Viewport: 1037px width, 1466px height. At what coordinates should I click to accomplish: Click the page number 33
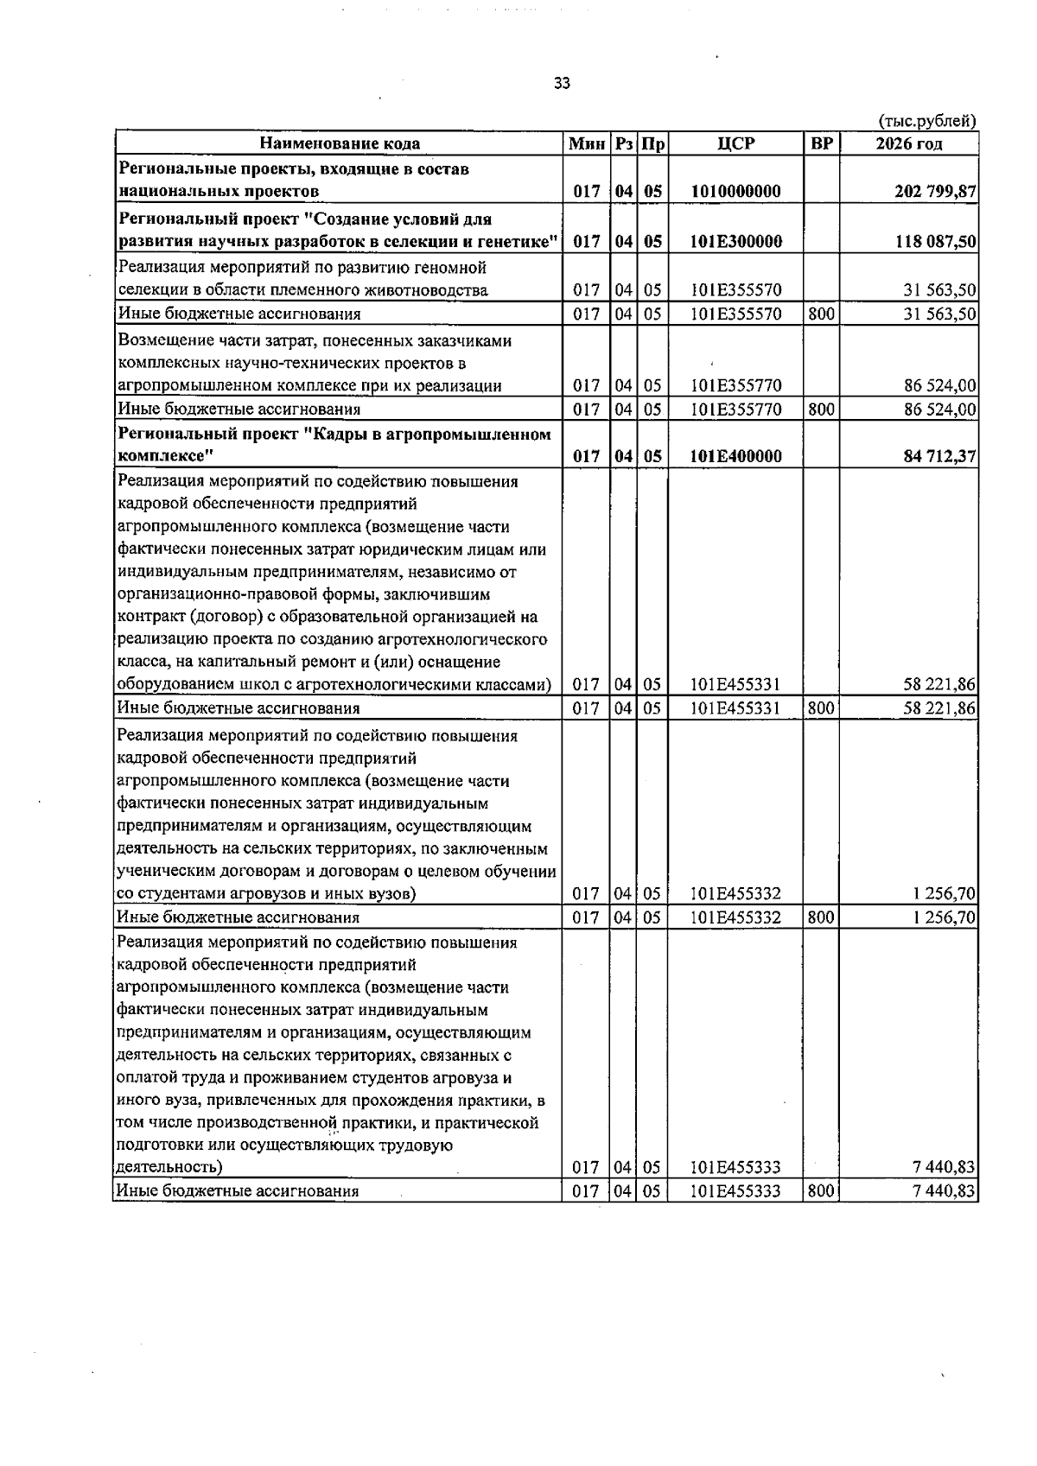point(562,84)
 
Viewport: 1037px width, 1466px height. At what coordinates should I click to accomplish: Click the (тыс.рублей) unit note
point(926,121)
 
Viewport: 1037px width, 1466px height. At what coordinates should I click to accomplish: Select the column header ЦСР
point(735,144)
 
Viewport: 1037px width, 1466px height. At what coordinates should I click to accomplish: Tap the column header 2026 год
point(908,144)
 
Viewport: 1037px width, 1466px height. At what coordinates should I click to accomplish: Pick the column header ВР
point(821,144)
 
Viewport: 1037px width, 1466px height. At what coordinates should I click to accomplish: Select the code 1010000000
point(735,192)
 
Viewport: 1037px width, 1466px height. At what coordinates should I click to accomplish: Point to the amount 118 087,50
point(937,242)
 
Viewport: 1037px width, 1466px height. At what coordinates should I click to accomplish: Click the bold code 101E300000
point(735,242)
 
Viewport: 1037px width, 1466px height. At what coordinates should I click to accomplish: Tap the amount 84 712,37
point(939,456)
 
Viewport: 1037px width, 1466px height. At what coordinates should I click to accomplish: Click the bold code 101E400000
point(735,456)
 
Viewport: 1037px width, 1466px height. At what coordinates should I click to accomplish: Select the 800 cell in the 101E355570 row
point(821,314)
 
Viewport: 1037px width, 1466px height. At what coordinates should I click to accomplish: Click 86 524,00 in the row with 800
point(939,409)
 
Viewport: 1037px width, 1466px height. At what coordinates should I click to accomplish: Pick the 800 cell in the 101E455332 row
point(821,917)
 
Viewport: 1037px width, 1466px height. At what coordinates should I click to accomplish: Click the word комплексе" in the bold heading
point(164,456)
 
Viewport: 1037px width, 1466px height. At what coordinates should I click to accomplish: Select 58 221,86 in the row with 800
point(939,708)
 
